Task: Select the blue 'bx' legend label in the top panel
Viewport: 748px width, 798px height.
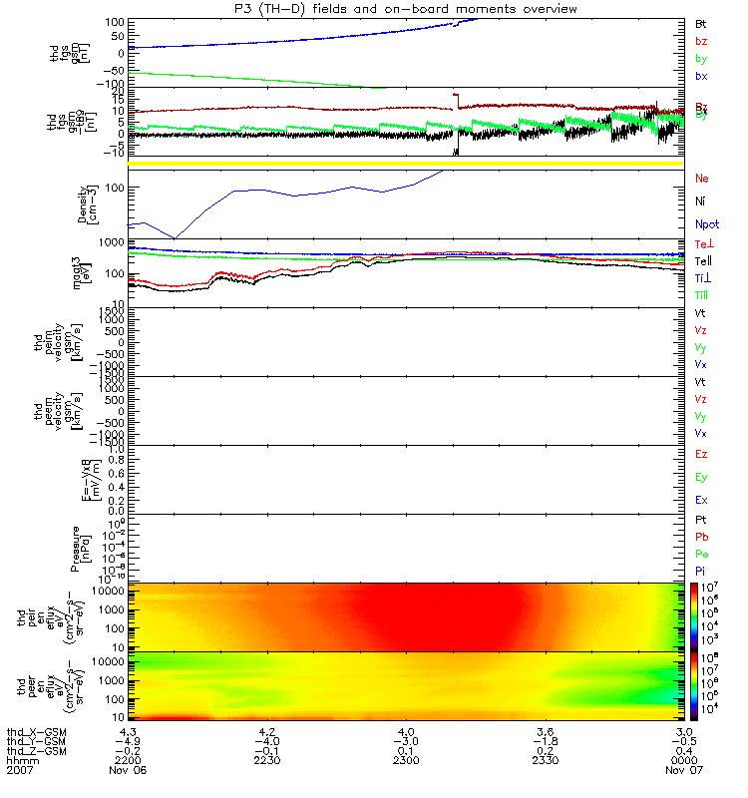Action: (702, 77)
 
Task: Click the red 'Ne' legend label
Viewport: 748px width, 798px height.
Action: (702, 179)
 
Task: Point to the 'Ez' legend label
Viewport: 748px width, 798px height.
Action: (702, 455)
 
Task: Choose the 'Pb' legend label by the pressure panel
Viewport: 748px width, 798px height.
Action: (702, 537)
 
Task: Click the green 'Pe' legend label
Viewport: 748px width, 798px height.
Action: (702, 554)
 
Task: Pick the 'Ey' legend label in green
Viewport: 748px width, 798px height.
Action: (702, 477)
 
